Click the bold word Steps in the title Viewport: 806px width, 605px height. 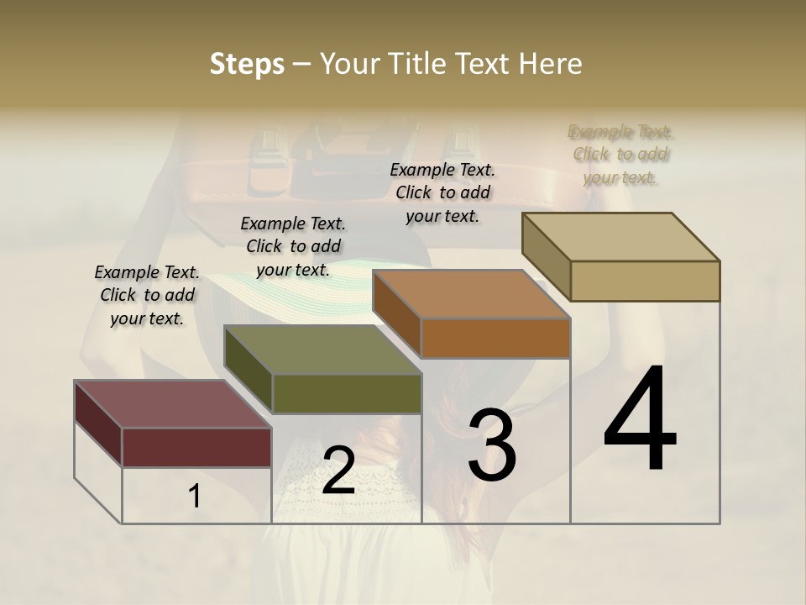tap(247, 64)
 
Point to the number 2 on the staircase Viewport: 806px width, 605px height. tap(338, 470)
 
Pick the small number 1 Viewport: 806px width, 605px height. tap(194, 496)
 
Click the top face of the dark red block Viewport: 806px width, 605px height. tap(172, 404)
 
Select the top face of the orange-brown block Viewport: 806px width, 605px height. tap(471, 294)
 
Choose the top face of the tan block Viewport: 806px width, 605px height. tap(620, 237)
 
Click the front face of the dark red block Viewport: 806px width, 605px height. tap(196, 447)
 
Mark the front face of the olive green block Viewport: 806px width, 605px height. tap(347, 393)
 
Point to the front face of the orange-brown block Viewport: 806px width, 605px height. tap(495, 338)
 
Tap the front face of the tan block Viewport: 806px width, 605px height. tap(645, 281)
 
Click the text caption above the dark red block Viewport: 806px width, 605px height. tap(147, 296)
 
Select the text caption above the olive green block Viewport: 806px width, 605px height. tap(293, 246)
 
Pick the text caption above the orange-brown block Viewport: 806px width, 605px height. tap(442, 192)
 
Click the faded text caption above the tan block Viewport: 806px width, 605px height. tap(620, 155)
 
